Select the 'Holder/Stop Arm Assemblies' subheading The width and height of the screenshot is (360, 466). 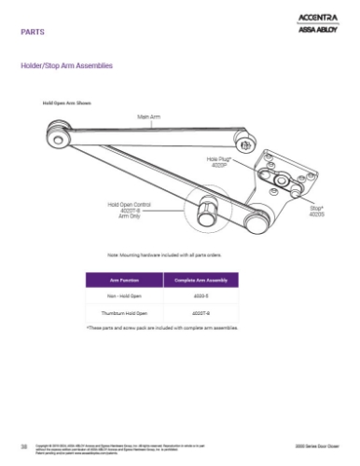pyautogui.click(x=67, y=66)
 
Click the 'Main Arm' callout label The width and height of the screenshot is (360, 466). pyautogui.click(x=150, y=116)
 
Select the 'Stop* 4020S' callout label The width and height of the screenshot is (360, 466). pyautogui.click(x=317, y=212)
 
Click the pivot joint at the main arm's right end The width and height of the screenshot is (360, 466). pyautogui.click(x=244, y=143)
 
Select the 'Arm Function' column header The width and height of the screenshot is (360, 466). pyautogui.click(x=124, y=279)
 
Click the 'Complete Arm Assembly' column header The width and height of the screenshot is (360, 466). pyautogui.click(x=201, y=279)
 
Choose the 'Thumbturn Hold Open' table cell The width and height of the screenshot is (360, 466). pyautogui.click(x=124, y=313)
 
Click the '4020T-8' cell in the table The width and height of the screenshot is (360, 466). pyautogui.click(x=201, y=313)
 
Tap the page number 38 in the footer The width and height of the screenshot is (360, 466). pyautogui.click(x=23, y=447)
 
